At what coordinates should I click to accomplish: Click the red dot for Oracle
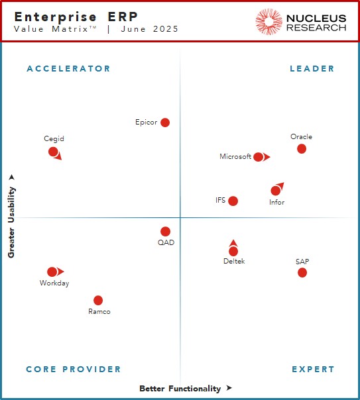pos(302,148)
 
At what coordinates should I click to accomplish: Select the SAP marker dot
pos(302,272)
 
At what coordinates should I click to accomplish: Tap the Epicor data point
pos(165,123)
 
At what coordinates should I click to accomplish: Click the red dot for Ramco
pos(98,300)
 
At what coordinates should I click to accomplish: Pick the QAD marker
pos(165,231)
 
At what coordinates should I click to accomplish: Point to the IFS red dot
pos(233,201)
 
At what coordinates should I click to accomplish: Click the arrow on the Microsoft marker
pos(267,157)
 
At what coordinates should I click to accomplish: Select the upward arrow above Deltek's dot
pos(233,243)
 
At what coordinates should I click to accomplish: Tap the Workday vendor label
pos(54,283)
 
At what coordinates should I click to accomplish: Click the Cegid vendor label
pos(54,139)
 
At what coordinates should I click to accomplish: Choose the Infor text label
pos(276,202)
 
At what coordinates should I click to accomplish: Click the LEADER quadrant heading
pos(312,68)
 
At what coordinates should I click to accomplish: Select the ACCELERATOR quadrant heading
pos(68,68)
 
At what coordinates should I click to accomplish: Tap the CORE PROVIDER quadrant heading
pos(74,369)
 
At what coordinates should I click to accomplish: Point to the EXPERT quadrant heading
pos(313,369)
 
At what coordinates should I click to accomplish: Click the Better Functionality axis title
pos(180,388)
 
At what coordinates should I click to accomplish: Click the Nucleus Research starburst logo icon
pos(269,22)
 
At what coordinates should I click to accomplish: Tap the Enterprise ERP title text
pos(67,16)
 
